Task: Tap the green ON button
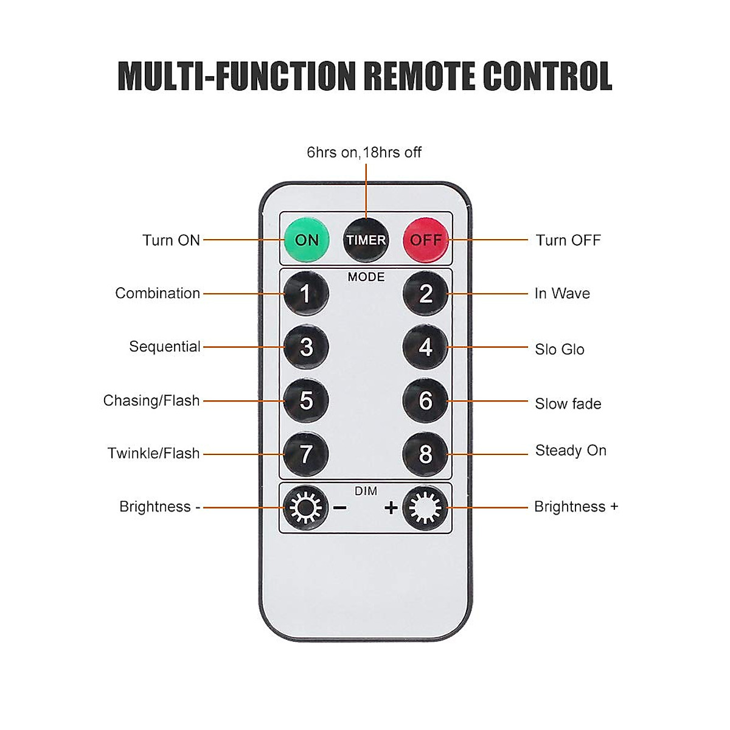coord(306,240)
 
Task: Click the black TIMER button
coord(366,240)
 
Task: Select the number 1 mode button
coord(306,294)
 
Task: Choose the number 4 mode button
coord(425,347)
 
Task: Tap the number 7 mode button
coord(306,454)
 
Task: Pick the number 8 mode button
coord(425,454)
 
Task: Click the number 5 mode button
coord(306,400)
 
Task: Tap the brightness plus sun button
coord(425,507)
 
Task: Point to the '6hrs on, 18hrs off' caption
coord(364,152)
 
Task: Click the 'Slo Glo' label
coord(559,349)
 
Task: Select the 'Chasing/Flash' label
coord(151,400)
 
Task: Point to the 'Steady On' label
coord(571,451)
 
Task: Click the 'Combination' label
coord(158,293)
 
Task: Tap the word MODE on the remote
coord(366,277)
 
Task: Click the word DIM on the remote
coord(366,491)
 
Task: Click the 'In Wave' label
coord(562,293)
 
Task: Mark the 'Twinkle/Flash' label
coord(153,453)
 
